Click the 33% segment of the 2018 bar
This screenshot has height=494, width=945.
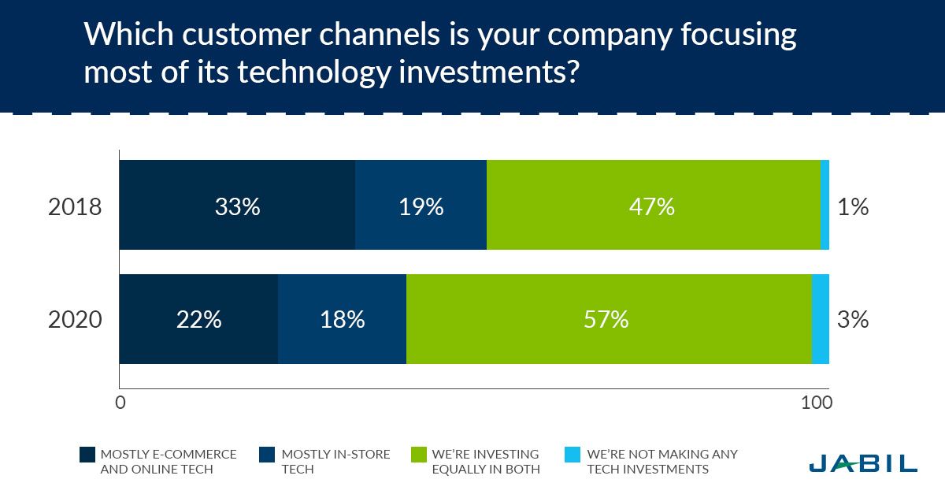click(x=237, y=205)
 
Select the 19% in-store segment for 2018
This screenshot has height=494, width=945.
click(x=421, y=205)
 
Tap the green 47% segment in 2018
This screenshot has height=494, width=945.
click(x=653, y=205)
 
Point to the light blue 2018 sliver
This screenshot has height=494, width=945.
click(x=825, y=205)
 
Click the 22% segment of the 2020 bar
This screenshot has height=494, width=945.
click(x=198, y=319)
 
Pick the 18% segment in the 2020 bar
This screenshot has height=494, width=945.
click(x=342, y=319)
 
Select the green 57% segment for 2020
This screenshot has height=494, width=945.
click(x=609, y=319)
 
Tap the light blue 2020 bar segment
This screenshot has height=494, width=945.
click(x=821, y=319)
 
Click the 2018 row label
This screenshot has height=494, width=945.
click(x=75, y=207)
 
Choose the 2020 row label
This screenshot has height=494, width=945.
click(x=75, y=321)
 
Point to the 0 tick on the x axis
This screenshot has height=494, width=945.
click(x=120, y=403)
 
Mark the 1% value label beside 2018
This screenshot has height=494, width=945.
click(x=854, y=207)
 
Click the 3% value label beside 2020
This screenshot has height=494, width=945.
click(x=854, y=320)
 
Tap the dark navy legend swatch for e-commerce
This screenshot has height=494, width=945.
click(x=87, y=455)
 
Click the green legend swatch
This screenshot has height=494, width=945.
click(x=419, y=455)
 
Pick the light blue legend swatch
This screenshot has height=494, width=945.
click(x=573, y=455)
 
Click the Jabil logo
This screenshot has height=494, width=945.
click(x=863, y=462)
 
